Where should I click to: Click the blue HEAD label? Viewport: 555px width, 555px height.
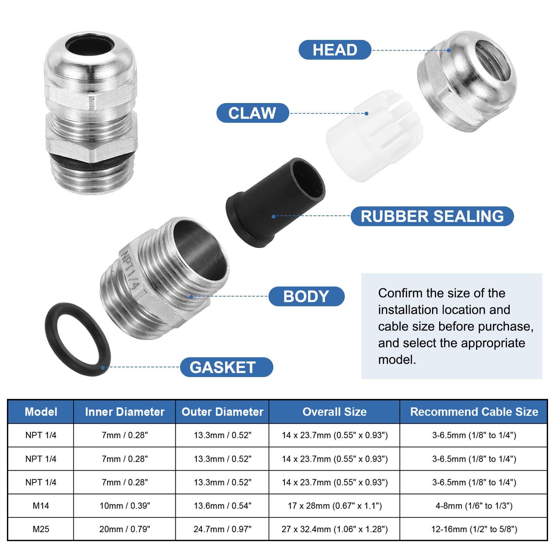coord(335,50)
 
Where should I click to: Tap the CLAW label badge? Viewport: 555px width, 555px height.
coord(253,113)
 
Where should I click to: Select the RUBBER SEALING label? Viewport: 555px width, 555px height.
coord(432,216)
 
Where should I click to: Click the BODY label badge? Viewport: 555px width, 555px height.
coord(306,296)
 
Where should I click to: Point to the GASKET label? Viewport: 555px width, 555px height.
coord(227,367)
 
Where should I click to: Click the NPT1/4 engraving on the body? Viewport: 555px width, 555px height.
coord(129,270)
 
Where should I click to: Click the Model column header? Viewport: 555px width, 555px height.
coord(41,412)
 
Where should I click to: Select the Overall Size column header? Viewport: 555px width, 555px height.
coord(334,412)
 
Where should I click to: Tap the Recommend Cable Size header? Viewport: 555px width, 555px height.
coord(474,412)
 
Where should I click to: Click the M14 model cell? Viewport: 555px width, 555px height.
coord(41,506)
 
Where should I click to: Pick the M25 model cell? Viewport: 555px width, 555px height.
coord(41,529)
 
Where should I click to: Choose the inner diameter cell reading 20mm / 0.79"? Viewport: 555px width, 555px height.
coord(125,529)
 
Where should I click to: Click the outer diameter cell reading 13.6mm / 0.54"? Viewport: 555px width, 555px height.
coord(222,506)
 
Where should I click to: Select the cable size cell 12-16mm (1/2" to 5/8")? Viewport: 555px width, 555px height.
coord(474,529)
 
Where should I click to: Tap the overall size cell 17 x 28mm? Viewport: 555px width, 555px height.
coord(335,506)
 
